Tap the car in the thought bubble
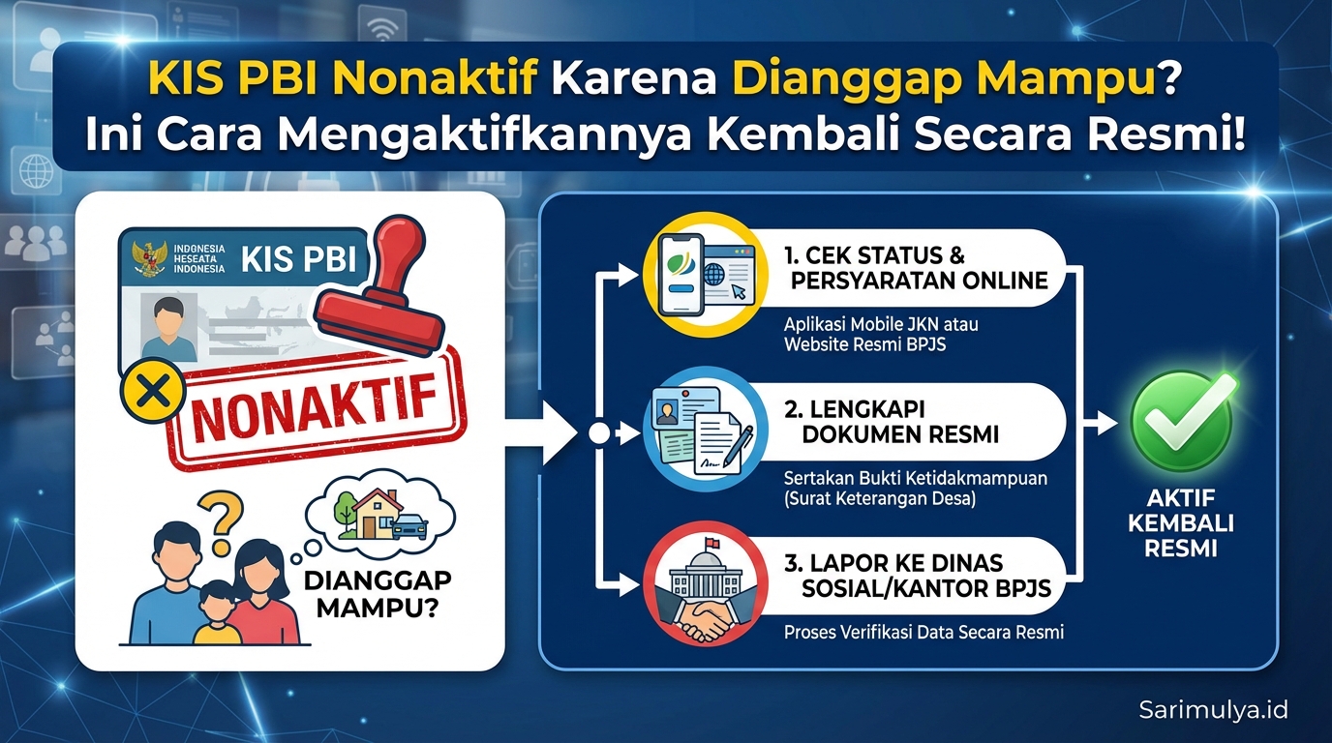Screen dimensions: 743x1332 (x=409, y=526)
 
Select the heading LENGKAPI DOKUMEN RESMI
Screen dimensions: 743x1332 (x=900, y=422)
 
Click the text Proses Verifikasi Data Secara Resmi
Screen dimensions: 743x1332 (x=923, y=633)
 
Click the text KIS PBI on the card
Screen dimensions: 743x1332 (x=297, y=259)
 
